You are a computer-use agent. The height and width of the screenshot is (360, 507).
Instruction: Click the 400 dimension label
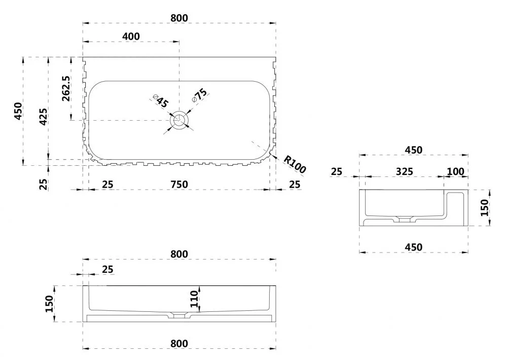point(131,36)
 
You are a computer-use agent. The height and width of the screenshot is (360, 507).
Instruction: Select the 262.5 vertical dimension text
point(65,89)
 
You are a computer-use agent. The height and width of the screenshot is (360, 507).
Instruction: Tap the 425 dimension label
point(43,117)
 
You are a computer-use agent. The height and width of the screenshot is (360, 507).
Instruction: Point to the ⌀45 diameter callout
point(160,101)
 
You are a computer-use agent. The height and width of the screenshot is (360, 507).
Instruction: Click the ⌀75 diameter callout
point(199,95)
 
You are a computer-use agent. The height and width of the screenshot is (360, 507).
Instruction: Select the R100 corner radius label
point(294,164)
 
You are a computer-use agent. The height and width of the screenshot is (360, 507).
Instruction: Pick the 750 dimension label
point(179,185)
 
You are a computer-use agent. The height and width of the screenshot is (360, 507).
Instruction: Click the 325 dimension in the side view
point(405,171)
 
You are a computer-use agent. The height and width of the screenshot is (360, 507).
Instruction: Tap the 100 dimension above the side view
point(456,171)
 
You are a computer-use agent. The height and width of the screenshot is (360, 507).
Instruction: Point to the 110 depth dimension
point(194,299)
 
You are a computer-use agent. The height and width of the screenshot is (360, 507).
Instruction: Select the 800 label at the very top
point(179,18)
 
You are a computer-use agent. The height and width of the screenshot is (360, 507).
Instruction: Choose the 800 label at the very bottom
point(179,343)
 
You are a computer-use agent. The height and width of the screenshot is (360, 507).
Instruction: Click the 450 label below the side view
point(414,247)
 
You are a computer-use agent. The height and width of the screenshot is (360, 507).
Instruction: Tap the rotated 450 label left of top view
point(18,111)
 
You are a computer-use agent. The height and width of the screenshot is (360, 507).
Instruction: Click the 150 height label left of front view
point(49,304)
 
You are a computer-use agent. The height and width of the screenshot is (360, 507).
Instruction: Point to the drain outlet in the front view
point(179,315)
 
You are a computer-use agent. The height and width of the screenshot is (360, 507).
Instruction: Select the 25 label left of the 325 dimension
point(336,171)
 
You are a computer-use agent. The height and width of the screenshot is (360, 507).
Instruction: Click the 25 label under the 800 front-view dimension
point(107,269)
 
